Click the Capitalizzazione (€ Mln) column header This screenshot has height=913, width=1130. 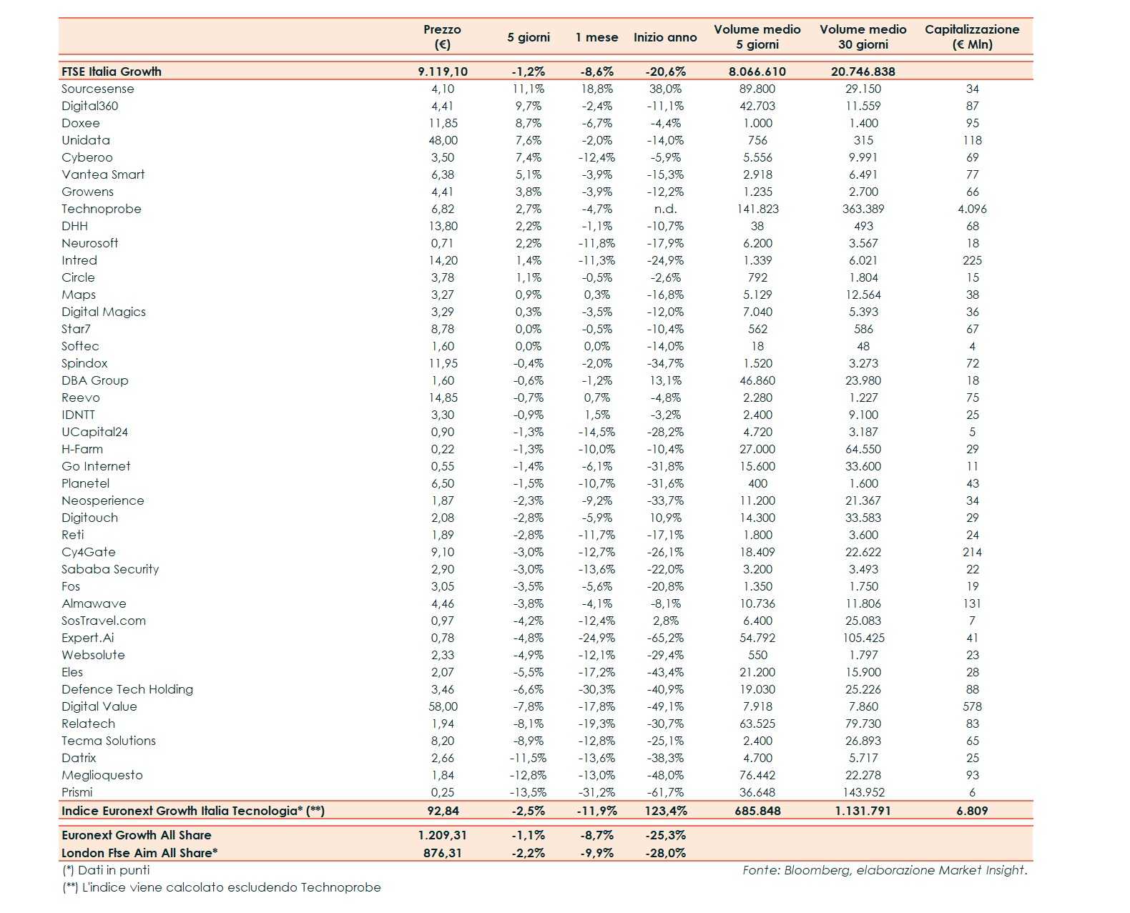(x=972, y=36)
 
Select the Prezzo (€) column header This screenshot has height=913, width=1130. (x=442, y=36)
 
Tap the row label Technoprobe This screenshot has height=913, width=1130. (x=102, y=209)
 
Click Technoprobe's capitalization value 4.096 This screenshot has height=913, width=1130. (x=972, y=209)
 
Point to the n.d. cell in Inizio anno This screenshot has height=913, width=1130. (x=665, y=209)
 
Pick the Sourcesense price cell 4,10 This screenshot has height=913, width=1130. (x=443, y=89)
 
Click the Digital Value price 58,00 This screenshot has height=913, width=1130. (x=443, y=706)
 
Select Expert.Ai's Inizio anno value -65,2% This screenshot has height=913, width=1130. (x=665, y=638)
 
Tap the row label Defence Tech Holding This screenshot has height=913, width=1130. (x=127, y=689)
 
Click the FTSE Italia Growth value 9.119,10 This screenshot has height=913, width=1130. (x=443, y=71)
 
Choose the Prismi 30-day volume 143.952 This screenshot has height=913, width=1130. (x=863, y=792)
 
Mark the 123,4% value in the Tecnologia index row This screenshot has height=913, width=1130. (x=665, y=811)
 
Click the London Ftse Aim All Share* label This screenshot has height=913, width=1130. (x=139, y=852)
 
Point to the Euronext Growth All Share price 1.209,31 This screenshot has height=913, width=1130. (x=443, y=835)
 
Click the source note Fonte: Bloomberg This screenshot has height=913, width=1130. (x=884, y=870)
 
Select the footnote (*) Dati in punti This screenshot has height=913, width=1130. (x=106, y=870)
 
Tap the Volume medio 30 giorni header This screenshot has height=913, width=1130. (x=863, y=36)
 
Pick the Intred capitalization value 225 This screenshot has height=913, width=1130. (x=972, y=260)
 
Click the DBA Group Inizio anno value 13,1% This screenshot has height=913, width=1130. (x=665, y=380)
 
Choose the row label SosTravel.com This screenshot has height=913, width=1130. (x=104, y=621)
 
